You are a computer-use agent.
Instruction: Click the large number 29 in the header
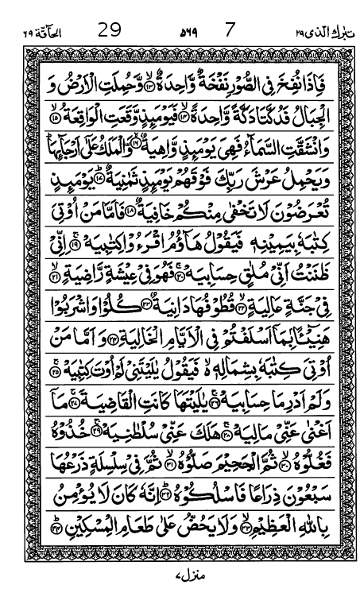click(x=110, y=32)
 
